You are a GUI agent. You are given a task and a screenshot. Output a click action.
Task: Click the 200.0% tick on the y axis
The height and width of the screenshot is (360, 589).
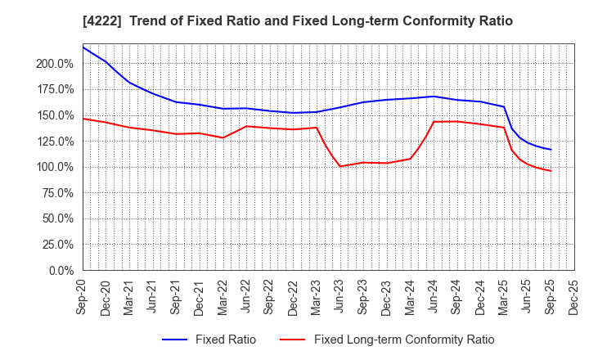pyautogui.click(x=55, y=63)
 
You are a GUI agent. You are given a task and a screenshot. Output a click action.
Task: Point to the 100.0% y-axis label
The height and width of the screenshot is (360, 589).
pyautogui.click(x=55, y=167)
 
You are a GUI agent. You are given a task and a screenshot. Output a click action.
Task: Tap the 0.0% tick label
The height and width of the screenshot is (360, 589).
pyautogui.click(x=61, y=270)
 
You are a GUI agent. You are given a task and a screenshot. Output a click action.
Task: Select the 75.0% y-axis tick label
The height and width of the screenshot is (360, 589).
pyautogui.click(x=58, y=192)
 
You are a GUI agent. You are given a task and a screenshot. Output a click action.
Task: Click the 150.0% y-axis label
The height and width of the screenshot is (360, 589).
pyautogui.click(x=55, y=115)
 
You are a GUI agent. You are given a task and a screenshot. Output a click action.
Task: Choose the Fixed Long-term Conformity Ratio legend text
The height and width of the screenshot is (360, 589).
pyautogui.click(x=404, y=340)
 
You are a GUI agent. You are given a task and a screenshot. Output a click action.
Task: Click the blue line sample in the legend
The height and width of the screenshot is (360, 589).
pyautogui.click(x=178, y=340)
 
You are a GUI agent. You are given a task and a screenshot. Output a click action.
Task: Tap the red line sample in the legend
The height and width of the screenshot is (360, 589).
pyautogui.click(x=294, y=340)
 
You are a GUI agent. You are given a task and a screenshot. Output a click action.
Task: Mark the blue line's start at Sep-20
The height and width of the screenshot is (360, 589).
pyautogui.click(x=83, y=47)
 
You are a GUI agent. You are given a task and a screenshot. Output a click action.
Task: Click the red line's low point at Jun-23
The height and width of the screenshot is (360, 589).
pyautogui.click(x=339, y=166)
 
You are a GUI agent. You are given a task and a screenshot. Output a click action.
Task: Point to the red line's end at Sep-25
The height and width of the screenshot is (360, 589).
pyautogui.click(x=551, y=171)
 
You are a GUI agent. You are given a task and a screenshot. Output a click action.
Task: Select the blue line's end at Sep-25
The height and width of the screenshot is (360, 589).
pyautogui.click(x=551, y=150)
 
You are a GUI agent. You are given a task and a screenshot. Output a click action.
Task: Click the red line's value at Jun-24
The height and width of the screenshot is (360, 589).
pyautogui.click(x=433, y=122)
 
